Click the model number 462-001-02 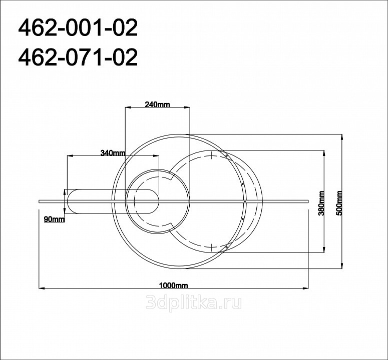click(78, 28)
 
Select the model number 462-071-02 click(78, 57)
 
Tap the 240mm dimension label click(157, 104)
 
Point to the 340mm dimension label click(113, 153)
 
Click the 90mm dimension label click(54, 219)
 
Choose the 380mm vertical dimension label click(321, 203)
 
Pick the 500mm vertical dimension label click(339, 203)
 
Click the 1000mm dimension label click(173, 285)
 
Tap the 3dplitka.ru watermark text click(194, 302)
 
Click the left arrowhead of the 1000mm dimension click(42, 288)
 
